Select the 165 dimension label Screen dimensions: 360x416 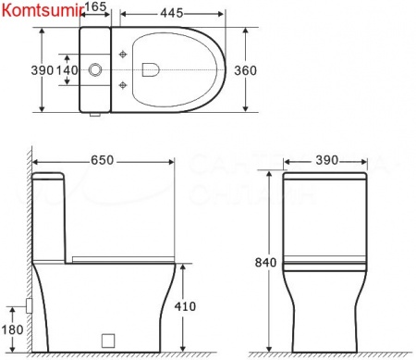[x=95, y=8]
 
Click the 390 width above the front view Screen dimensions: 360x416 [x=323, y=160]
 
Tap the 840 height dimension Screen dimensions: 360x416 [x=266, y=262]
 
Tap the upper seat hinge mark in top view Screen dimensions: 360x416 [x=123, y=52]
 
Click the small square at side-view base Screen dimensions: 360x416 [x=106, y=339]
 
